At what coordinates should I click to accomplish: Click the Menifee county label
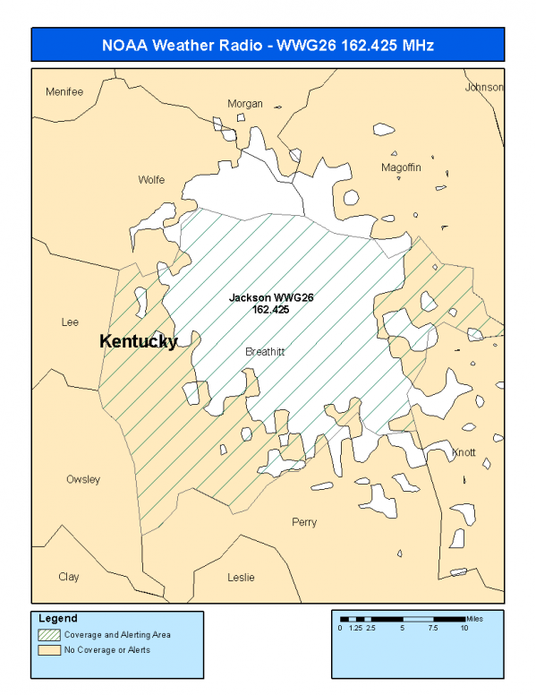pyautogui.click(x=64, y=91)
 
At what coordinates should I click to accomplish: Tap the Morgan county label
pyautogui.click(x=245, y=104)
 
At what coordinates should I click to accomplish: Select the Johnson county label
pyautogui.click(x=484, y=87)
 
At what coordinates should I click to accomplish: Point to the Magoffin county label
pyautogui.click(x=400, y=167)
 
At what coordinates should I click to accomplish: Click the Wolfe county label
pyautogui.click(x=151, y=180)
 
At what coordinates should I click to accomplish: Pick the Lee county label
pyautogui.click(x=70, y=322)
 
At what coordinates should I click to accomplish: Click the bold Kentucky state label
pyautogui.click(x=138, y=341)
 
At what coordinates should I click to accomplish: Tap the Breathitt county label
pyautogui.click(x=265, y=352)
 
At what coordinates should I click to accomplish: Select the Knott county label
pyautogui.click(x=464, y=452)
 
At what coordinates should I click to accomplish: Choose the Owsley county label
pyautogui.click(x=83, y=479)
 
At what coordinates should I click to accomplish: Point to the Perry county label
pyautogui.click(x=304, y=522)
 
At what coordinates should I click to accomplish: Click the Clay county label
pyautogui.click(x=69, y=577)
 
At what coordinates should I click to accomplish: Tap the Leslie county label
pyautogui.click(x=241, y=578)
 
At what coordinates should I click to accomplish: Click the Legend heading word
pyautogui.click(x=58, y=619)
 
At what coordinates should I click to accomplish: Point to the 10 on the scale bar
pyautogui.click(x=465, y=629)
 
